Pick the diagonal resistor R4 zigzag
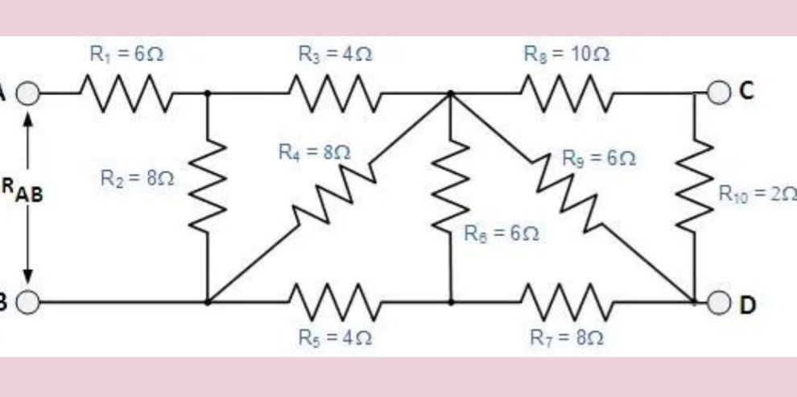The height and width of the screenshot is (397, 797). coord(330,198)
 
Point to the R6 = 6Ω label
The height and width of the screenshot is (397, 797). coord(499,234)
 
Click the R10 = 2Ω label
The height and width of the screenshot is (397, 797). coord(757,193)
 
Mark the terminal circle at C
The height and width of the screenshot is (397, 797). coord(721,93)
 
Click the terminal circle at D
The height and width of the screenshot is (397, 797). coord(721,303)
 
